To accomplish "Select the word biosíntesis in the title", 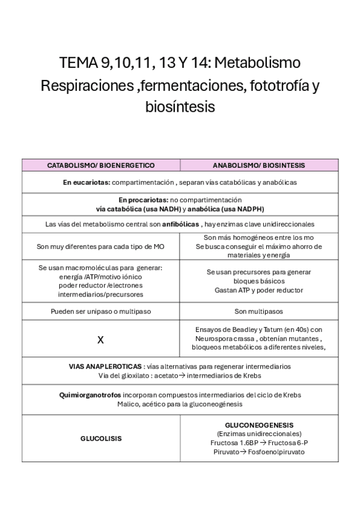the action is pyautogui.click(x=180, y=107).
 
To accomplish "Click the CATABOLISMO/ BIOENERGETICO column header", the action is pyautogui.click(x=101, y=165).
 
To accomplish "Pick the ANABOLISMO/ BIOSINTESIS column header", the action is pyautogui.click(x=259, y=165).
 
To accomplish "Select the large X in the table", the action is pyautogui.click(x=100, y=340).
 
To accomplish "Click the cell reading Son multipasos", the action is pyautogui.click(x=259, y=312).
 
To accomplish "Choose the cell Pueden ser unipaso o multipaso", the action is pyautogui.click(x=101, y=312).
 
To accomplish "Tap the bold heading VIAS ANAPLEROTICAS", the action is pyautogui.click(x=105, y=366).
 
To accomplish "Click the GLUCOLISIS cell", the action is pyautogui.click(x=101, y=438).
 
